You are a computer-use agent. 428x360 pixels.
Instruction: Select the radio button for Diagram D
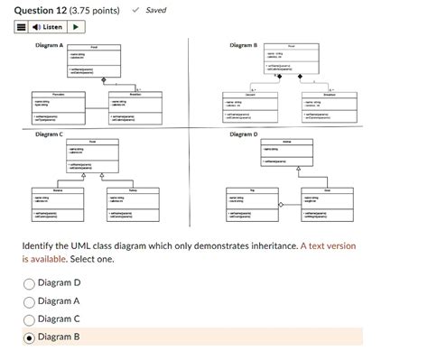tap(30, 283)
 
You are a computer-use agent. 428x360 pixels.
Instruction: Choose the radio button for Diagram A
tap(30, 301)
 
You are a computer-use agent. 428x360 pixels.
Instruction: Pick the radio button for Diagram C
tap(30, 318)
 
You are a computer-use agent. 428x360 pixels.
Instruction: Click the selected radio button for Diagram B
tap(30, 337)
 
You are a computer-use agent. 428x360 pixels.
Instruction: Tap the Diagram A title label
tap(49, 45)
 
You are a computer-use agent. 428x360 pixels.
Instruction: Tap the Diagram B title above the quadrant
tap(244, 45)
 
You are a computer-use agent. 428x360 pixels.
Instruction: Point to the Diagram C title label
tap(49, 134)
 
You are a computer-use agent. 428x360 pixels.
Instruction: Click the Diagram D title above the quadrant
tap(244, 134)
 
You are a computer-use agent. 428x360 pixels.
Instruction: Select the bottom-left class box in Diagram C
tap(58, 205)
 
